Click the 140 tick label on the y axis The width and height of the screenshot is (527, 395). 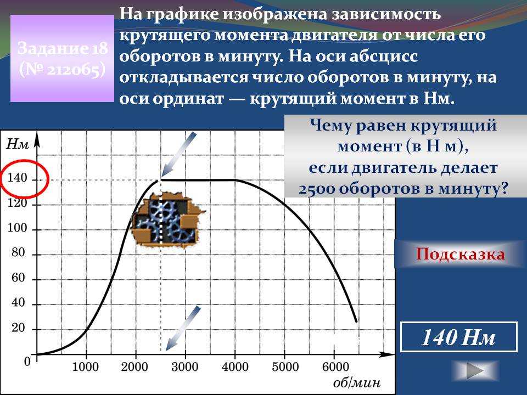(x=17, y=178)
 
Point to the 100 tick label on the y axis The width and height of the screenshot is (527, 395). (x=17, y=228)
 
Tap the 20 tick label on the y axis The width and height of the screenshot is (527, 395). (x=19, y=328)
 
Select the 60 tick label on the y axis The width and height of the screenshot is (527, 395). (x=19, y=278)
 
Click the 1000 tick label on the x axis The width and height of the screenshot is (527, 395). (x=86, y=366)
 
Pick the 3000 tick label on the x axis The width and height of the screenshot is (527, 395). (x=185, y=366)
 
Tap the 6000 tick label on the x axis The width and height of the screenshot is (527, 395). (x=335, y=366)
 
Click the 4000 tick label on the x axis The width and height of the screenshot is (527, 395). (x=235, y=366)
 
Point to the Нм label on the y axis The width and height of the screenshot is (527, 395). (x=18, y=144)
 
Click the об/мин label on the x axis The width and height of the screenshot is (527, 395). (x=357, y=382)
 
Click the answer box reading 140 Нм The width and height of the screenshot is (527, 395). (x=459, y=337)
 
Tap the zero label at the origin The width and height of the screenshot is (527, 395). (x=27, y=362)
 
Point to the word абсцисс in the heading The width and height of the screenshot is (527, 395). (x=383, y=57)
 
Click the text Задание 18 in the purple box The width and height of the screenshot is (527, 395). (x=63, y=48)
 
